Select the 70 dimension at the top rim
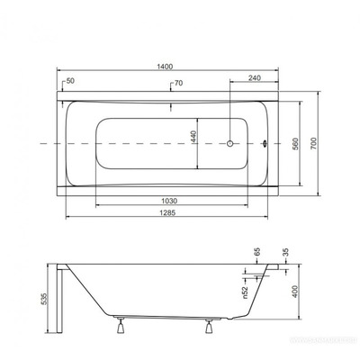click(178, 84)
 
